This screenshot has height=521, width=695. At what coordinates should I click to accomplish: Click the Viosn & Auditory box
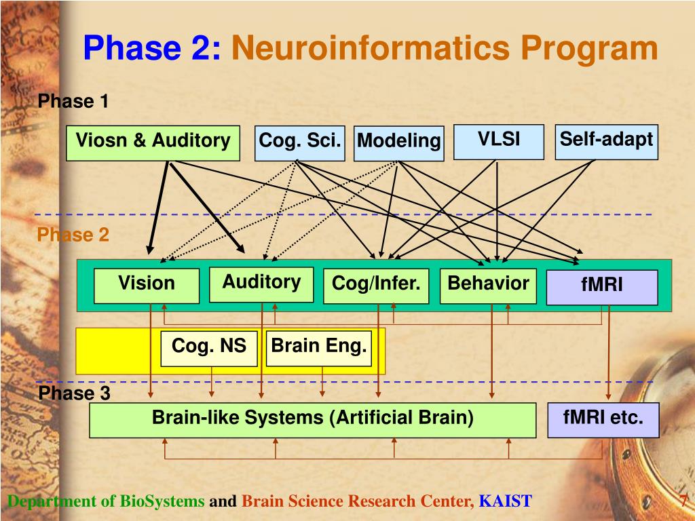[153, 143]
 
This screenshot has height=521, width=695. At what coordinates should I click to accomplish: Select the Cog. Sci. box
[299, 143]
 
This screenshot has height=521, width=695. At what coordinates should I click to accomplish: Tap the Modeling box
[399, 144]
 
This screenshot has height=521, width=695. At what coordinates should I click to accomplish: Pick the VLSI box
[499, 142]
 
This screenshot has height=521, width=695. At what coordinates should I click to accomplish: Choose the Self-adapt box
[606, 142]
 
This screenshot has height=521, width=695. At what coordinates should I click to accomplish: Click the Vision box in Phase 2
[147, 286]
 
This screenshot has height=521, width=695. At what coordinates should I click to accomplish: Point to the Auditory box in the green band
[261, 284]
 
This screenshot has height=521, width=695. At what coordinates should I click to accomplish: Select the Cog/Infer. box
[376, 286]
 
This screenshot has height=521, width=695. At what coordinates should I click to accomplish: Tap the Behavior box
[488, 286]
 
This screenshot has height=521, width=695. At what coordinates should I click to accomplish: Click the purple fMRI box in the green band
[602, 287]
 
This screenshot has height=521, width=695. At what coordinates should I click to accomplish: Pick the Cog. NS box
[209, 349]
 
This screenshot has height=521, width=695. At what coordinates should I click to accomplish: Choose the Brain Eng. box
[319, 348]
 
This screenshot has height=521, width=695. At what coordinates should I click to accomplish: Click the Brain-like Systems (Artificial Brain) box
[313, 420]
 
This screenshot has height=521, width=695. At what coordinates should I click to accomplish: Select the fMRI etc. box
[603, 420]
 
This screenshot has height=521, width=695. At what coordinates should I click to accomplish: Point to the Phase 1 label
[73, 101]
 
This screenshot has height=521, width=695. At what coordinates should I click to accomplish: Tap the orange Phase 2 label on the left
[73, 235]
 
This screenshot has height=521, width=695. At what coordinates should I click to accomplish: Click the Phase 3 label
[75, 393]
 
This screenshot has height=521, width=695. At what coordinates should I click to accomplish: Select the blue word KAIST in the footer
[505, 501]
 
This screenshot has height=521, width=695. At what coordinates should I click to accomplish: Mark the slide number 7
[684, 500]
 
